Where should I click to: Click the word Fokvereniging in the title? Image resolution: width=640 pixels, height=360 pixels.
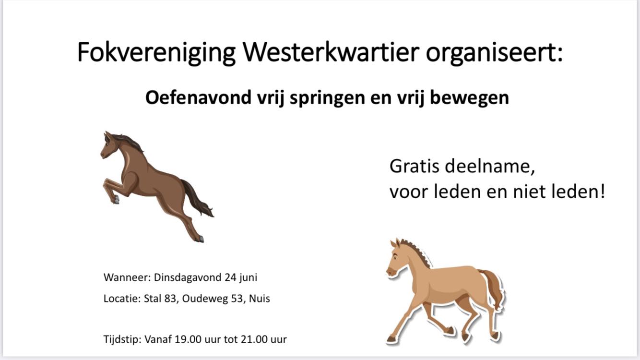(156, 53)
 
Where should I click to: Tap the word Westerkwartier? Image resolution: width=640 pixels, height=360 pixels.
(331, 52)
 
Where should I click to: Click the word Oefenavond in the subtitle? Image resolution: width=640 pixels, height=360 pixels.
(198, 97)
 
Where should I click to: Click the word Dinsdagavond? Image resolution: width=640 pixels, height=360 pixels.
(188, 277)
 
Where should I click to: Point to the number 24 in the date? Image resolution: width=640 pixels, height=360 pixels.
(230, 277)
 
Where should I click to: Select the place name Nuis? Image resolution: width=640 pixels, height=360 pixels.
(260, 299)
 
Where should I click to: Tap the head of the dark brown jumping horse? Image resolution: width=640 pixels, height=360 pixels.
(110, 146)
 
